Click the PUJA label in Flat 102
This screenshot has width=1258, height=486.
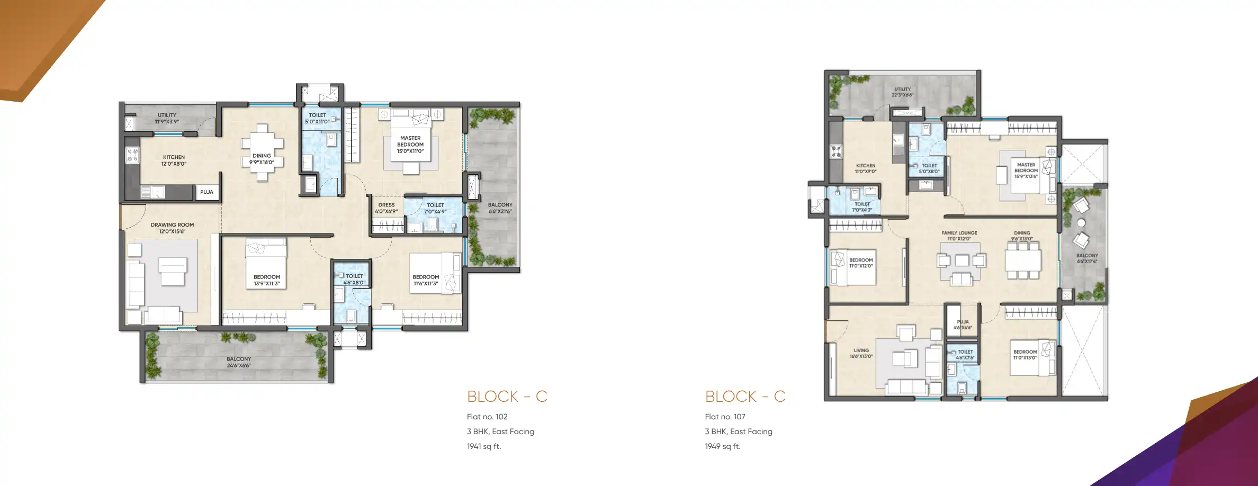click(207, 192)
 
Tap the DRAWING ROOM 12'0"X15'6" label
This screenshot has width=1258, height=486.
click(172, 228)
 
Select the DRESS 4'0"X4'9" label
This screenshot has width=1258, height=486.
click(386, 208)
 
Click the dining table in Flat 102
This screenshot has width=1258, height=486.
click(262, 152)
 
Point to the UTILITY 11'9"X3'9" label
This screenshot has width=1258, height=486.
click(167, 118)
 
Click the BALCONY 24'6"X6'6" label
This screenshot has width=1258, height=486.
click(239, 362)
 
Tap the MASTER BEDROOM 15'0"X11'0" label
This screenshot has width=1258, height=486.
click(410, 145)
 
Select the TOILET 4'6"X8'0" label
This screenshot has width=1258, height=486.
click(354, 279)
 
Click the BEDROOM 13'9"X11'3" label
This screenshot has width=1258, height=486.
click(267, 280)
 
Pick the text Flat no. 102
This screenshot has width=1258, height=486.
click(487, 417)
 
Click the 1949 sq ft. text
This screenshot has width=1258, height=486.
click(723, 446)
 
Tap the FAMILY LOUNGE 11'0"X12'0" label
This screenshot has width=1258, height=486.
click(959, 236)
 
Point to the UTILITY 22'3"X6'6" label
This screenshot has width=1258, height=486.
click(903, 92)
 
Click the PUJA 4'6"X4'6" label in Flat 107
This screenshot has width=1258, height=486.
click(963, 325)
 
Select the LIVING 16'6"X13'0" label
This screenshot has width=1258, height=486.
click(861, 353)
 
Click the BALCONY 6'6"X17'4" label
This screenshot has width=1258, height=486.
click(1087, 258)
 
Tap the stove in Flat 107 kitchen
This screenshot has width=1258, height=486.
click(836, 152)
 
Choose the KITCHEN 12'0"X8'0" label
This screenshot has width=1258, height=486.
click(174, 160)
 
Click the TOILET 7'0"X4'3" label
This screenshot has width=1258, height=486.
click(862, 207)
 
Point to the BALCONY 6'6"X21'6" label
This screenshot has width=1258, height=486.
click(500, 208)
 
